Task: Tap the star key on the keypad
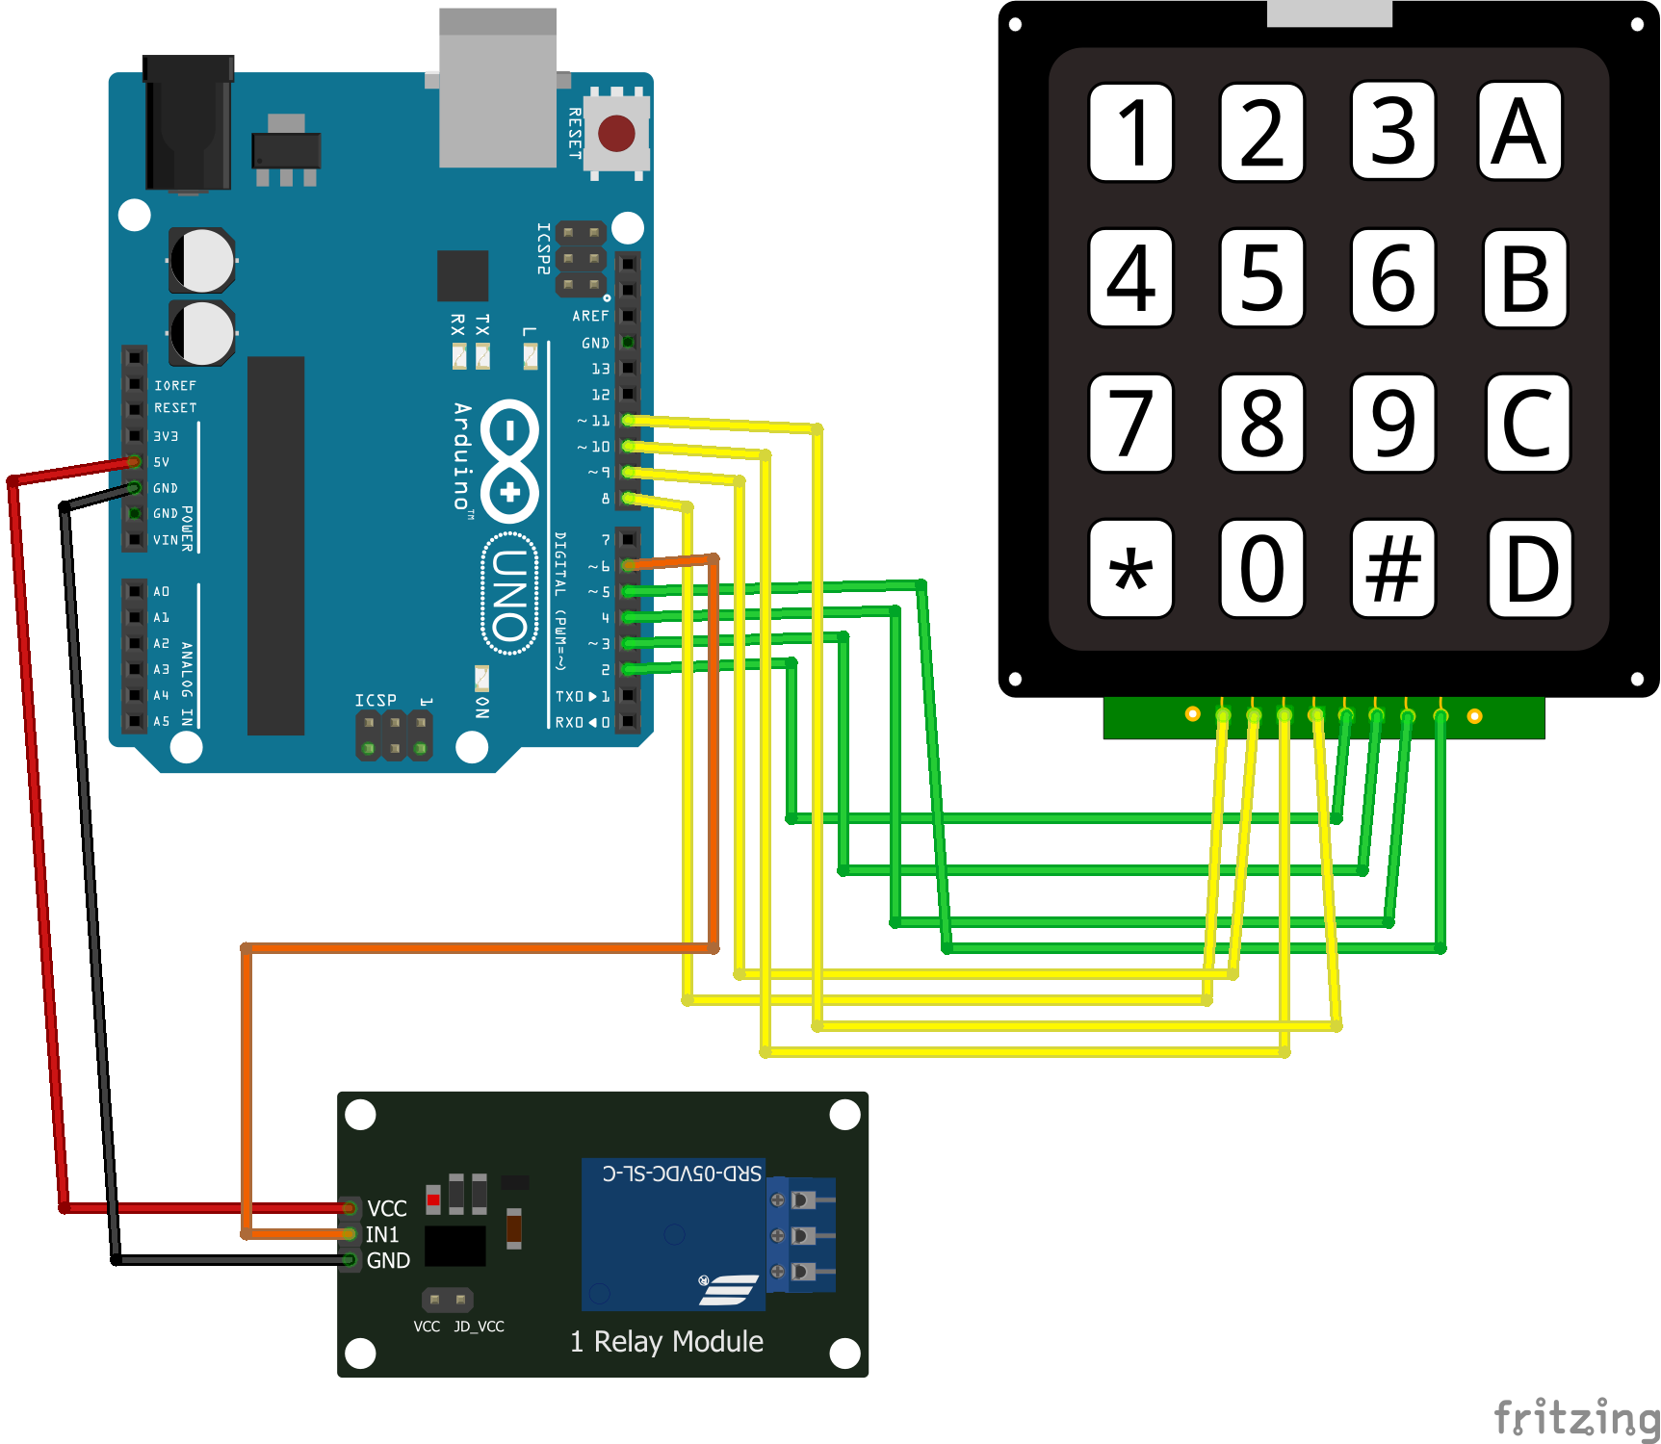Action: click(1130, 569)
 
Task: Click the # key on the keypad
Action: click(1392, 569)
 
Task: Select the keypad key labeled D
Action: click(1530, 569)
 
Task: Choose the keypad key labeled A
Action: click(1519, 132)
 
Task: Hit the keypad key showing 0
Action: click(1261, 569)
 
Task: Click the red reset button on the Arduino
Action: click(616, 133)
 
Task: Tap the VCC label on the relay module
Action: click(387, 1208)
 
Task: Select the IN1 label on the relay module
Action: click(382, 1234)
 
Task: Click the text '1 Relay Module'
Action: click(666, 1341)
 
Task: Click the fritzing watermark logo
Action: click(1575, 1418)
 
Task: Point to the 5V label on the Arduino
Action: click(162, 462)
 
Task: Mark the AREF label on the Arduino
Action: click(590, 316)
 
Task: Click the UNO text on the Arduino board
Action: click(509, 595)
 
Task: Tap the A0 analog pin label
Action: click(161, 591)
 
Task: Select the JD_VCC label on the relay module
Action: click(479, 1326)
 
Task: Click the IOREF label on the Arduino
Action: click(175, 385)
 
